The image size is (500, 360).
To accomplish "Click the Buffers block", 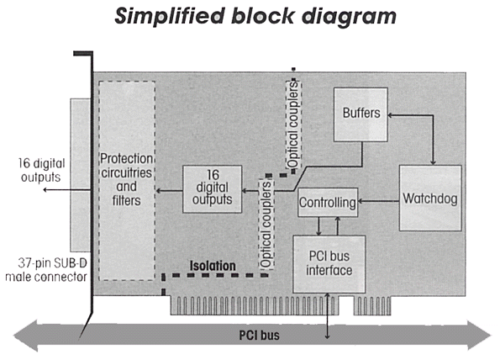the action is (x=361, y=114).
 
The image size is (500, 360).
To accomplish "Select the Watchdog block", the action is (x=430, y=198).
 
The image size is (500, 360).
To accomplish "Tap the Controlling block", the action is (x=328, y=203).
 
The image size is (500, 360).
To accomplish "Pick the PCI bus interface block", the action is (x=329, y=264).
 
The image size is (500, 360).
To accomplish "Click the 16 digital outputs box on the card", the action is (x=212, y=189).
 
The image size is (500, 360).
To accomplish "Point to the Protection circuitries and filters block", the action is (x=127, y=181).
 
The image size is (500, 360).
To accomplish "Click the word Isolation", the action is (x=213, y=266).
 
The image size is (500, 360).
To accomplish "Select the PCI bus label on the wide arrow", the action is (x=260, y=336).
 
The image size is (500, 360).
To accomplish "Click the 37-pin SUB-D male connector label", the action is (x=46, y=270).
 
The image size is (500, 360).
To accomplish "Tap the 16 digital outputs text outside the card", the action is (x=41, y=170).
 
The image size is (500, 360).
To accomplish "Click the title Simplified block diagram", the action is (x=255, y=16).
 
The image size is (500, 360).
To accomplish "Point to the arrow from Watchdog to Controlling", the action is (x=378, y=201).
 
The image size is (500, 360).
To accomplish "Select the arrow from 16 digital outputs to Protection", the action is (x=169, y=191).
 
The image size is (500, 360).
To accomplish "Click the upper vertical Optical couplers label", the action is (x=293, y=124).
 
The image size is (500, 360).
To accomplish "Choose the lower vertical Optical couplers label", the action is (x=266, y=225).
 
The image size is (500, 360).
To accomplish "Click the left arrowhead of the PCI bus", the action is (x=25, y=336).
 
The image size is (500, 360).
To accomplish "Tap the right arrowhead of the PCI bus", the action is (x=479, y=336).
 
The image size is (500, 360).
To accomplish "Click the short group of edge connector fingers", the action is (x=372, y=305).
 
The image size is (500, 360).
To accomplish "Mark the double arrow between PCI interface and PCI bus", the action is (x=327, y=316).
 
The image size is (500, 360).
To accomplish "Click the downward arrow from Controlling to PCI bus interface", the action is (x=318, y=226).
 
